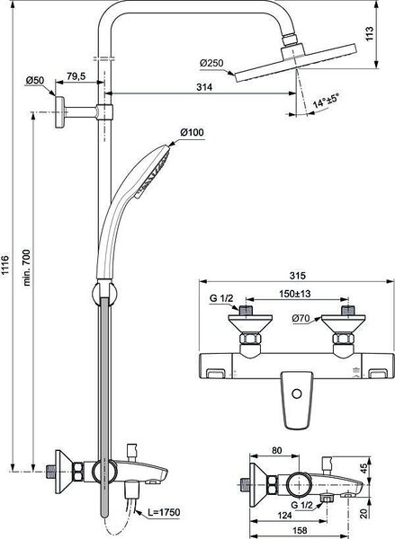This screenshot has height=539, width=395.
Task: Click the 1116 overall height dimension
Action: (x=5, y=264)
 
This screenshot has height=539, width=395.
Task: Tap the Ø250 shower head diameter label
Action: (x=211, y=64)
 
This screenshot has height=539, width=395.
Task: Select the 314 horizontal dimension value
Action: (x=204, y=87)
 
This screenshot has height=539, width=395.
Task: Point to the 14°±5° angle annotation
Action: (x=326, y=101)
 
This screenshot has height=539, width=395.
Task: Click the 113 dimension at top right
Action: (x=369, y=34)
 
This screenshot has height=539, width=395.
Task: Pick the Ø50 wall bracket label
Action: (x=35, y=81)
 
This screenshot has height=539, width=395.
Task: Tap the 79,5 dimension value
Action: (x=76, y=76)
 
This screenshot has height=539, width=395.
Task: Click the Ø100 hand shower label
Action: (x=192, y=132)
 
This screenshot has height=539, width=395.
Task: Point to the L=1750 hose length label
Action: (x=164, y=512)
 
